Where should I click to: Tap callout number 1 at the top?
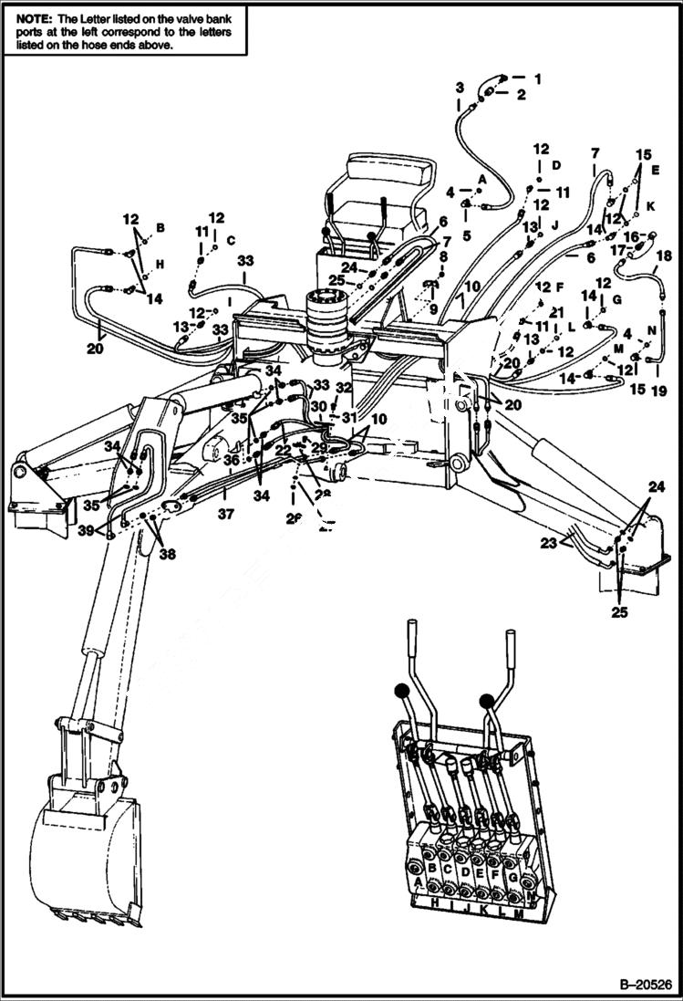537,78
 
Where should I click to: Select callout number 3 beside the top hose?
460,88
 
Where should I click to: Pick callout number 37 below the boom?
225,515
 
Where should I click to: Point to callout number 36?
232,460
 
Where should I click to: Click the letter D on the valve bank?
466,871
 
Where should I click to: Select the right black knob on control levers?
486,701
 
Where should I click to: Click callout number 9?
433,309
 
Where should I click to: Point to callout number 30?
316,406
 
